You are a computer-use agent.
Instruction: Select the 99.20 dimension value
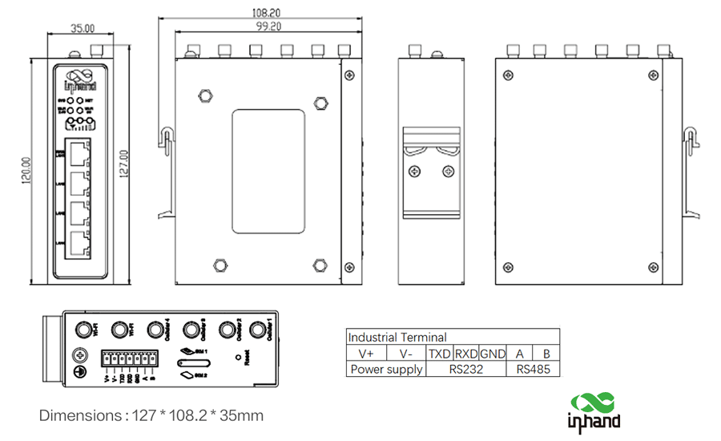(268, 26)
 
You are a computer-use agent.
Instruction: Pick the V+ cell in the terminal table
(366, 354)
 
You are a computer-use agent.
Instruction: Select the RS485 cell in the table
(534, 370)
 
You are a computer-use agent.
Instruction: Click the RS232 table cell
(466, 370)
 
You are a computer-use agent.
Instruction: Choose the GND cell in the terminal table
(493, 354)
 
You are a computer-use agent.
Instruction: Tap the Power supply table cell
(386, 370)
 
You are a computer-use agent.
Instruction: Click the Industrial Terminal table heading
(397, 338)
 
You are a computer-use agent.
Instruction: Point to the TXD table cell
(440, 354)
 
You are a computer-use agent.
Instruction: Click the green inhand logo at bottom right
(594, 410)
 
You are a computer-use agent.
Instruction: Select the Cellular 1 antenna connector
(258, 330)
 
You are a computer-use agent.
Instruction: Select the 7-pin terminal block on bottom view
(128, 359)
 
